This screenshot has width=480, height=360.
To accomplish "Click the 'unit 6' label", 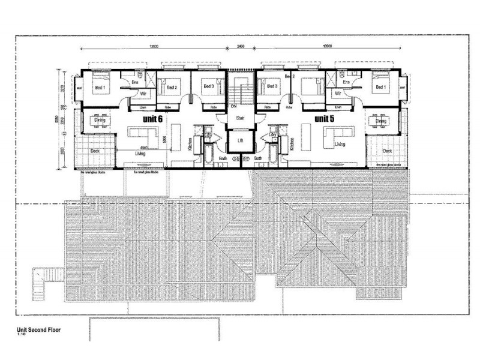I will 154,120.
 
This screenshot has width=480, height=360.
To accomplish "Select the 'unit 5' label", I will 328,120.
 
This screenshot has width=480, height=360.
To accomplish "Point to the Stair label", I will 241,118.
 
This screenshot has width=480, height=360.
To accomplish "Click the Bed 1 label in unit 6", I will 100,88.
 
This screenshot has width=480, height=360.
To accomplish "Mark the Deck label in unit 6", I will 95,151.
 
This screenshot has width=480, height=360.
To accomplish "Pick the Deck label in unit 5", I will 387,151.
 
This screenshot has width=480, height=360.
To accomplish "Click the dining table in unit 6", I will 94,119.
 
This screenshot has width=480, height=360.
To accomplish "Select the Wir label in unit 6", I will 144,94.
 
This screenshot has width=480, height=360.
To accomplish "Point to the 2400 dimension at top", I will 241,46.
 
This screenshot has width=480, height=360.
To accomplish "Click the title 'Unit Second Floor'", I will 43,329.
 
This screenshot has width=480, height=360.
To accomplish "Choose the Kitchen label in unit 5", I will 292,143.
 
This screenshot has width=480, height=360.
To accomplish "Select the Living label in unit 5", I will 340,145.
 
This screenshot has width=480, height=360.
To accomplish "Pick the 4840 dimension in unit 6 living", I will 144,147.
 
